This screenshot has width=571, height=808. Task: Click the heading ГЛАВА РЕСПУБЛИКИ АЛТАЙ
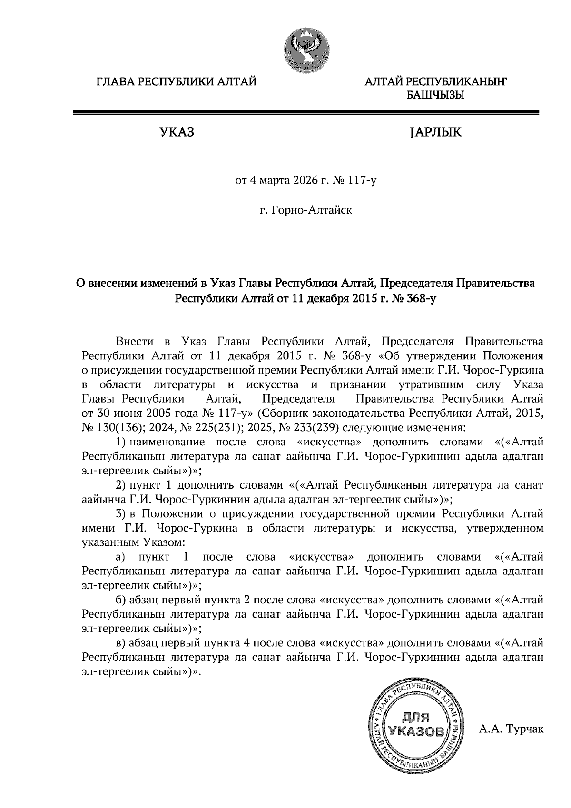coord(177,82)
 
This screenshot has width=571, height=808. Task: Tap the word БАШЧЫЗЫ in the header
coord(435,96)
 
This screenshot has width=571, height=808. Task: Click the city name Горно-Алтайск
coord(311,209)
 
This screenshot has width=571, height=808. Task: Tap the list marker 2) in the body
coord(121,485)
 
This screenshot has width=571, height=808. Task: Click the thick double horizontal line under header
coord(305,113)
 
